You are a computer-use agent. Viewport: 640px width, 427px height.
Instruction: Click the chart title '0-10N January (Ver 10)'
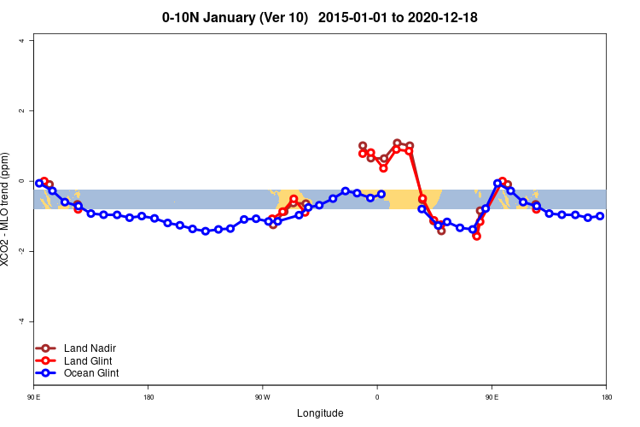235,17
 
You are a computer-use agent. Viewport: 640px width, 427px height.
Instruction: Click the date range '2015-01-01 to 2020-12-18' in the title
404,17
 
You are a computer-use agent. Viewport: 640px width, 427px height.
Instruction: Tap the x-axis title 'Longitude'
320,413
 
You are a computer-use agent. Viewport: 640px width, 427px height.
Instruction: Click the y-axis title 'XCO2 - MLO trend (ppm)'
8,209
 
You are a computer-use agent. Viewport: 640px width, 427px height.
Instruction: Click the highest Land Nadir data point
397,143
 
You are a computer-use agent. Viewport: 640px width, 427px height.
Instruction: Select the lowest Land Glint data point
476,236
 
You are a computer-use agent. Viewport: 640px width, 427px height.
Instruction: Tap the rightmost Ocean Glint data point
600,216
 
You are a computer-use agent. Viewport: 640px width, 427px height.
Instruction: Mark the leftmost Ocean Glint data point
39,183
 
